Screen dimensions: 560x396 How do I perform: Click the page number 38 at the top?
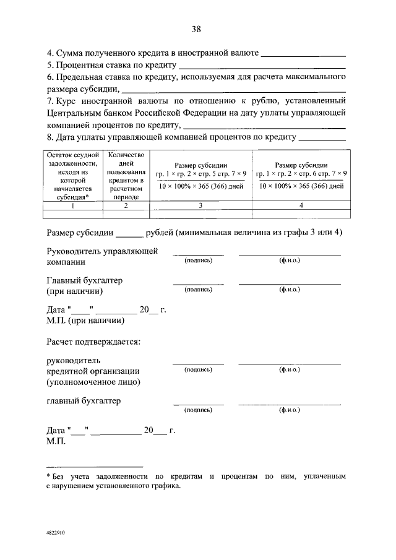197,29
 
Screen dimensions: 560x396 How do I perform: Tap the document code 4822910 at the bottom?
56,532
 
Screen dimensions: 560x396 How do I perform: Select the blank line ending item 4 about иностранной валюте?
304,56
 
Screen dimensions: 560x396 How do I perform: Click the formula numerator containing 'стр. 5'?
201,174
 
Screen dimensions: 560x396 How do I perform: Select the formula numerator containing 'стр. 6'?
301,174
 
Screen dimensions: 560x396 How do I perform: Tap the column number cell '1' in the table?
72,205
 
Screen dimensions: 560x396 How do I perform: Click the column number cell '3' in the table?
201,205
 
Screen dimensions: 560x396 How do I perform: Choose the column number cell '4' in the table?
301,205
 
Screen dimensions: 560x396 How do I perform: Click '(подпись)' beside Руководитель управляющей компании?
198,261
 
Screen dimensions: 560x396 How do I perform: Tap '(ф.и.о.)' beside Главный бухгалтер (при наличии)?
289,289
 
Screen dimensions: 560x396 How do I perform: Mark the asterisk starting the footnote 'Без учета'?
49,476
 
